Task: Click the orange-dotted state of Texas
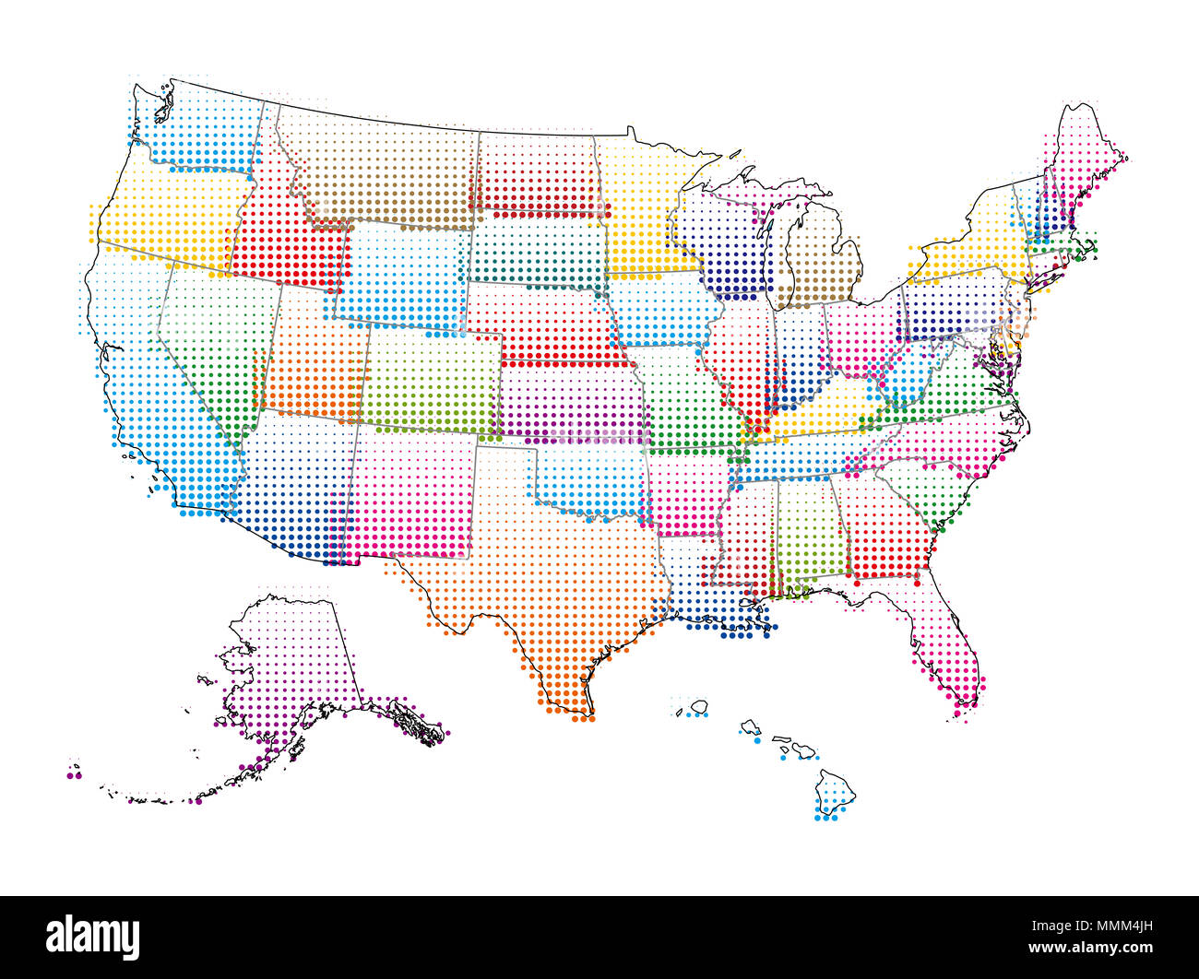544,572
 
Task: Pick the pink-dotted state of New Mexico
410,493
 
